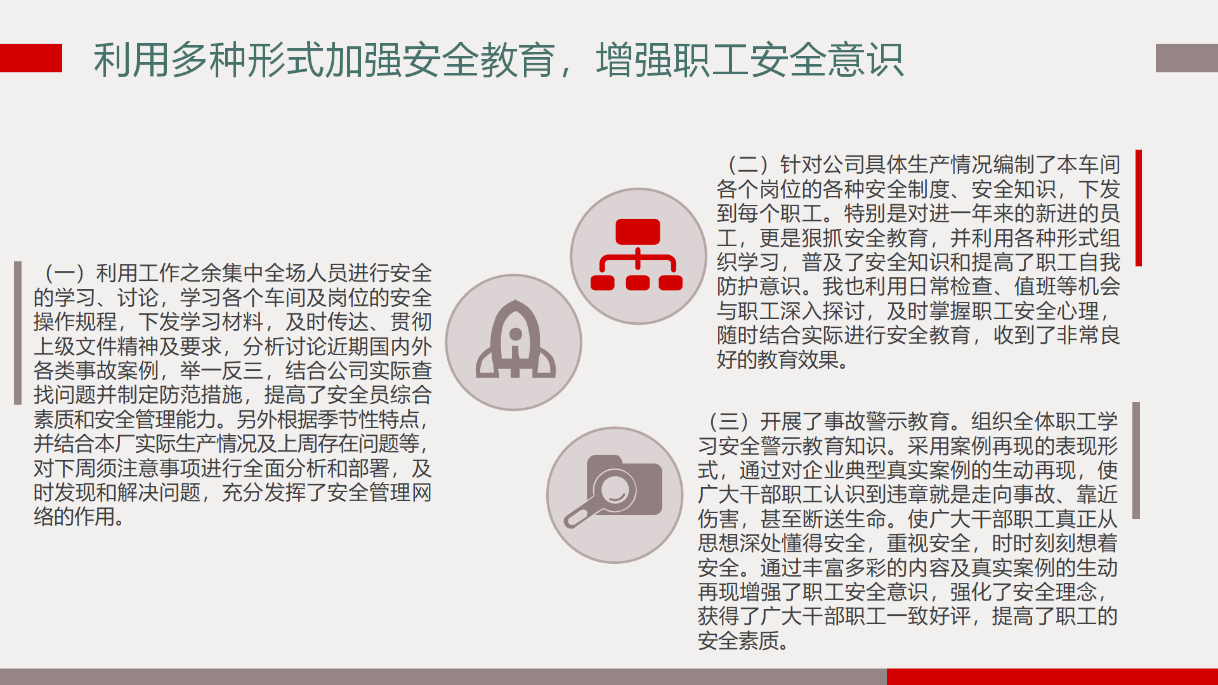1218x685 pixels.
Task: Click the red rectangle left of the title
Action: pyautogui.click(x=31, y=58)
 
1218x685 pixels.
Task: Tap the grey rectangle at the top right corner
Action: pyautogui.click(x=1187, y=58)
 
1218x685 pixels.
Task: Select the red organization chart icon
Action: pyautogui.click(x=637, y=254)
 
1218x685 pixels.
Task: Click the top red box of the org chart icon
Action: pyautogui.click(x=638, y=232)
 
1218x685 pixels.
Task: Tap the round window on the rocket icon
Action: pyautogui.click(x=516, y=334)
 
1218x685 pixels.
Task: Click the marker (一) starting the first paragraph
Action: pyautogui.click(x=64, y=273)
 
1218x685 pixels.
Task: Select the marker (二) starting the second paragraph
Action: pyautogui.click(x=749, y=165)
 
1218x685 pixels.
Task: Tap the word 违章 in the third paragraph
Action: pyautogui.click(x=929, y=495)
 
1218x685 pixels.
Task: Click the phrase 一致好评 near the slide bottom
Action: pyautogui.click(x=929, y=616)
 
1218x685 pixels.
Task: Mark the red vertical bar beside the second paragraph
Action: pyautogui.click(x=1139, y=208)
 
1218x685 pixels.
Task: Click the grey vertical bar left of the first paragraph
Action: pyautogui.click(x=18, y=333)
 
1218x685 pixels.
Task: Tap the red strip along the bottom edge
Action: pyautogui.click(x=1052, y=677)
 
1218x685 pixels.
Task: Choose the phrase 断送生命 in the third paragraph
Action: pyautogui.click(x=845, y=519)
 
